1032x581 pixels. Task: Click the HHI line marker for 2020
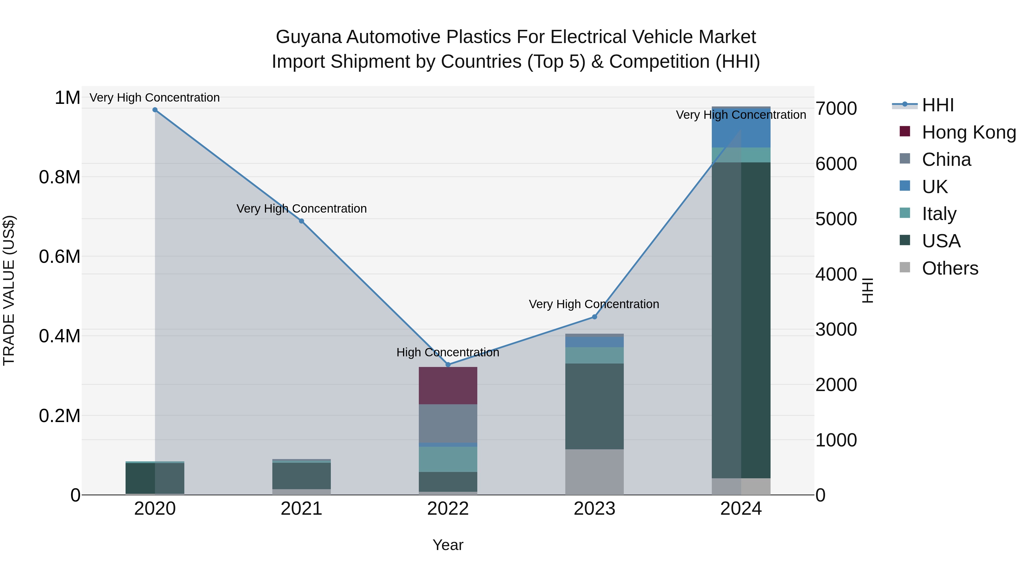(x=155, y=110)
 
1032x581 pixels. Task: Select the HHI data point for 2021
(x=302, y=221)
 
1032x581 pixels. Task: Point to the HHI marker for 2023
(x=595, y=317)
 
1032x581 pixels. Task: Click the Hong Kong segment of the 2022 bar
(x=448, y=385)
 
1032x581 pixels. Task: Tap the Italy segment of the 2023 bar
(x=595, y=355)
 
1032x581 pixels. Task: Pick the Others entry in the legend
(x=949, y=268)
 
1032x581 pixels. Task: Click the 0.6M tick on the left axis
(x=60, y=257)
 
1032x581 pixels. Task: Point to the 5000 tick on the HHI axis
(x=836, y=219)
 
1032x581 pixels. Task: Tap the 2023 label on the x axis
(x=595, y=509)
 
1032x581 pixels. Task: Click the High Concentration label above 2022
(x=448, y=352)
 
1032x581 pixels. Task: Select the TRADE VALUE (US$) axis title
(x=9, y=290)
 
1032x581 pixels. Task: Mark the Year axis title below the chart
(x=448, y=545)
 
